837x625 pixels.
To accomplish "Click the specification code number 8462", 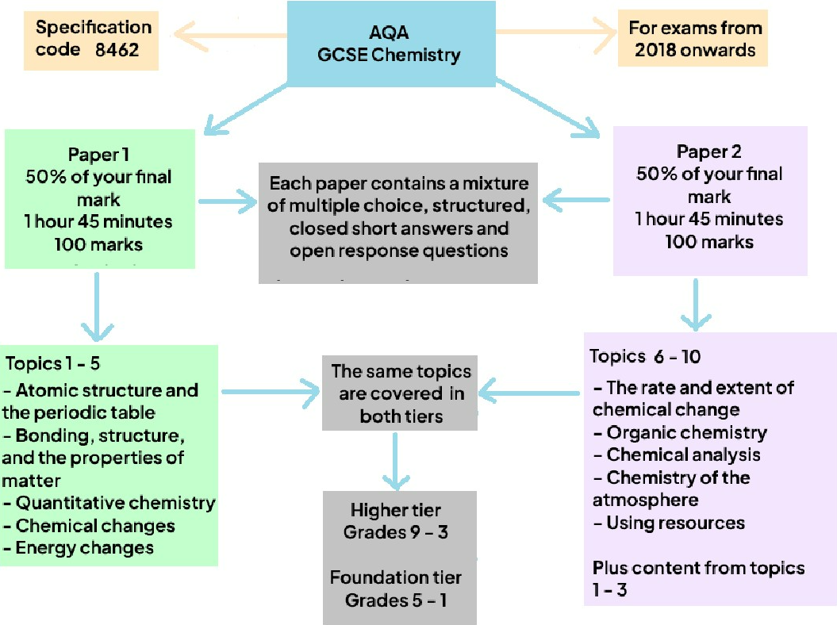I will [117, 48].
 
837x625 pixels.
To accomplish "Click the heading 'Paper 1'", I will [99, 153].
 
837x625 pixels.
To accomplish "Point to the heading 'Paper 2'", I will [708, 151].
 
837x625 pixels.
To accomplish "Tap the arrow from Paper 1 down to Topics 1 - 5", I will [97, 305].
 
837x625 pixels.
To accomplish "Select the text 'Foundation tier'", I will [395, 577].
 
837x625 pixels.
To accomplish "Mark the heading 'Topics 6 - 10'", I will [643, 356].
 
